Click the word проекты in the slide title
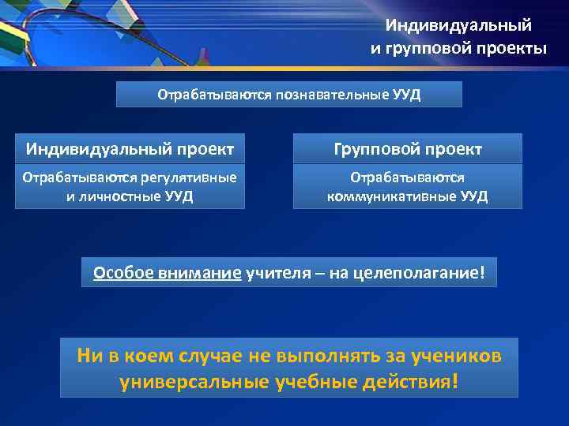pyautogui.click(x=512, y=49)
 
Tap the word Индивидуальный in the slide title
pyautogui.click(x=458, y=26)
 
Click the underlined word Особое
pyautogui.click(x=119, y=273)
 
